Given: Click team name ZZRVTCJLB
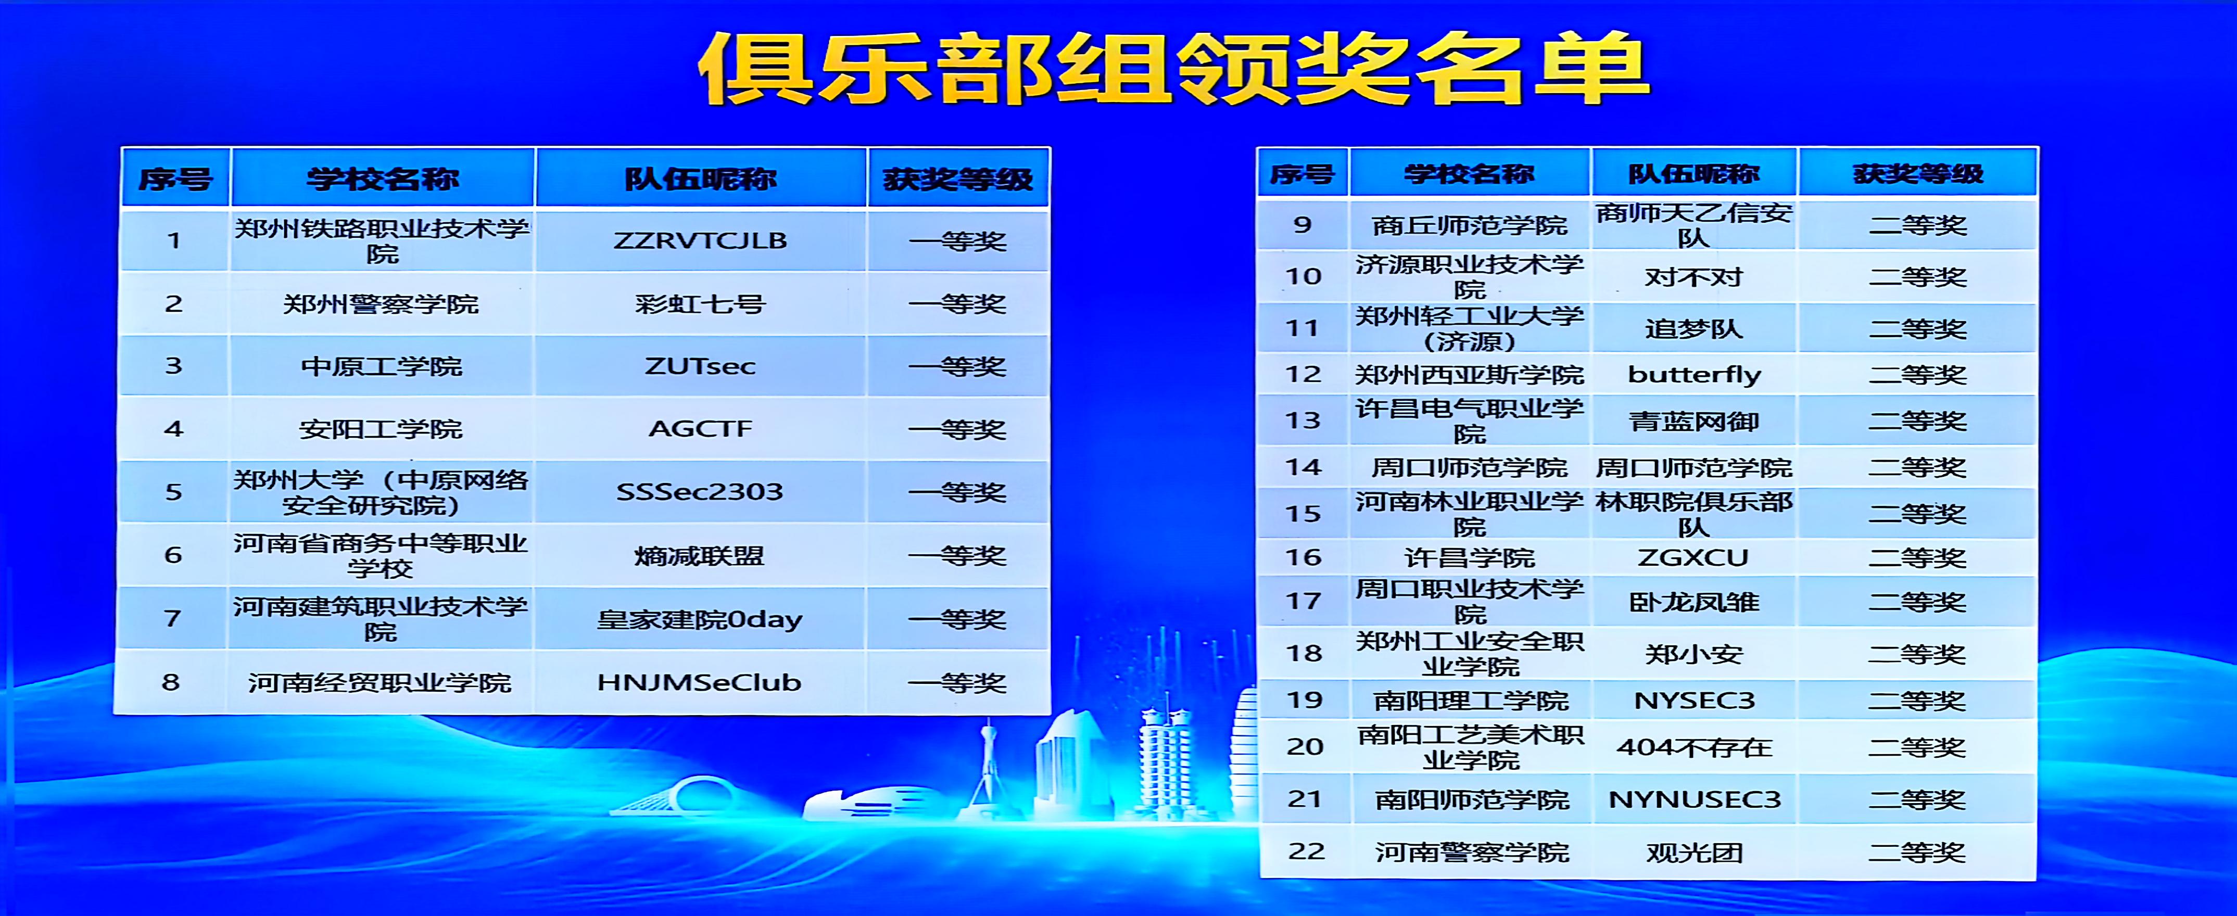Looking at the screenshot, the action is pos(700,240).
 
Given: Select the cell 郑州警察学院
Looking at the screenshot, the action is pos(381,304).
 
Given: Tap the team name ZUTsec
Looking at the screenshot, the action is pos(700,366).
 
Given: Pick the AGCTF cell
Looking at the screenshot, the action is pos(700,429).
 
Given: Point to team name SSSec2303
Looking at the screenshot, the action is pos(700,492).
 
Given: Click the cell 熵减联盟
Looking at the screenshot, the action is pos(699,556).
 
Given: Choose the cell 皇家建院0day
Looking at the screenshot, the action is pos(700,619).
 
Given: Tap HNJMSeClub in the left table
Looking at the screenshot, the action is pos(699,682).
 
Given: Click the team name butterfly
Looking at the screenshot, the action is pos(1694,375).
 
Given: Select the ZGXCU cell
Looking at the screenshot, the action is pos(1693,557).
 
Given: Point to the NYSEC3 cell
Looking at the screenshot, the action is pos(1694,701).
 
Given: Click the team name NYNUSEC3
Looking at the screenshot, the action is pos(1694,799).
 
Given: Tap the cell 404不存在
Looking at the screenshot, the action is pos(1693,747).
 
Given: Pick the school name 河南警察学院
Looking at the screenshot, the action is pos(1472,853).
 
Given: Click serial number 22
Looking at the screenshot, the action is pos(1306,852).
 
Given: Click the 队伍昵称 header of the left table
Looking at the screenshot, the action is pos(701,179).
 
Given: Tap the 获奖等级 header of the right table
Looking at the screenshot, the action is pos(1918,174).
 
